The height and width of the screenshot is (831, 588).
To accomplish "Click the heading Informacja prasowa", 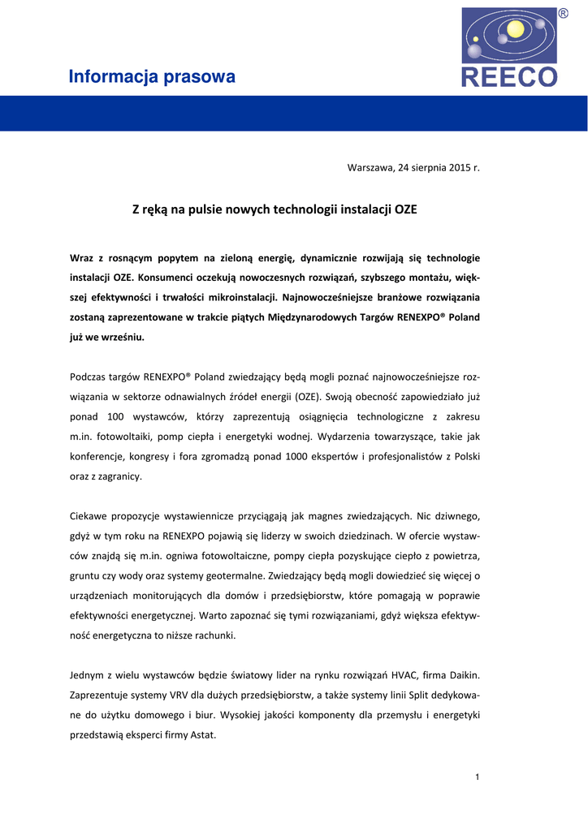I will pyautogui.click(x=152, y=77).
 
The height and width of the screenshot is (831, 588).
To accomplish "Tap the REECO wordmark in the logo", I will pyautogui.click(x=509, y=77).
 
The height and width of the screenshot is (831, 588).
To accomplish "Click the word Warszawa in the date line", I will pyautogui.click(x=370, y=167).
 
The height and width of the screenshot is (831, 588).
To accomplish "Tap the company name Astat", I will pyautogui.click(x=202, y=735).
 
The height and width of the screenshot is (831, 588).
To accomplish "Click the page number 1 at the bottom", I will pyautogui.click(x=478, y=777).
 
